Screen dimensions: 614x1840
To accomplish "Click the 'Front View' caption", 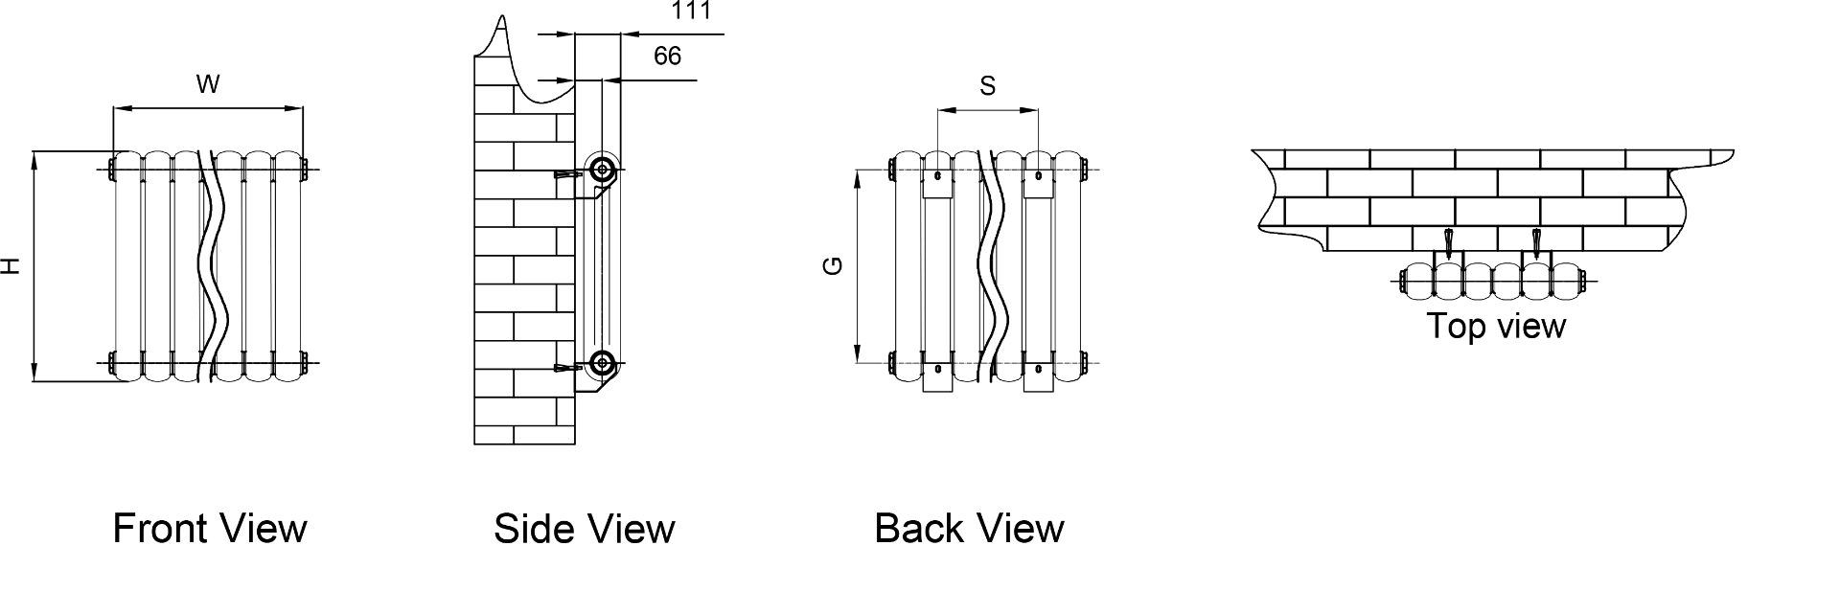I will [x=210, y=529].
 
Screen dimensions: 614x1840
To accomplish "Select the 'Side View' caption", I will [x=584, y=529].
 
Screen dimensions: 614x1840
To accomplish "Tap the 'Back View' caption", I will [x=969, y=529].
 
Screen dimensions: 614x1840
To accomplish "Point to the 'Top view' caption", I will [x=1496, y=326].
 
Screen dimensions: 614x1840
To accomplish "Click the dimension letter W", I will [x=208, y=85].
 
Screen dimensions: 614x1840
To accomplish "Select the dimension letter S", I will [x=987, y=87].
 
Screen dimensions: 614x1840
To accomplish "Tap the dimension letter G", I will [x=834, y=265].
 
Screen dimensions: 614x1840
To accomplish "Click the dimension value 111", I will [x=690, y=11].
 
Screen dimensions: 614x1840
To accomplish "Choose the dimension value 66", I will [x=667, y=57].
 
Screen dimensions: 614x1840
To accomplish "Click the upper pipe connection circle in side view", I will [x=602, y=171].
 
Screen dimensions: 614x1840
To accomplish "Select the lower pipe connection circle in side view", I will [x=602, y=363].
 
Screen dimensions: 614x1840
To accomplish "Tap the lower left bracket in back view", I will [x=937, y=373].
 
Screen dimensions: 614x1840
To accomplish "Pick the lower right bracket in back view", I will [x=1039, y=373].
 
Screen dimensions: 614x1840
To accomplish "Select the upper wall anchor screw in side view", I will [x=567, y=175].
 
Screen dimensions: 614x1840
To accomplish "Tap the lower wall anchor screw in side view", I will [x=567, y=368].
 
